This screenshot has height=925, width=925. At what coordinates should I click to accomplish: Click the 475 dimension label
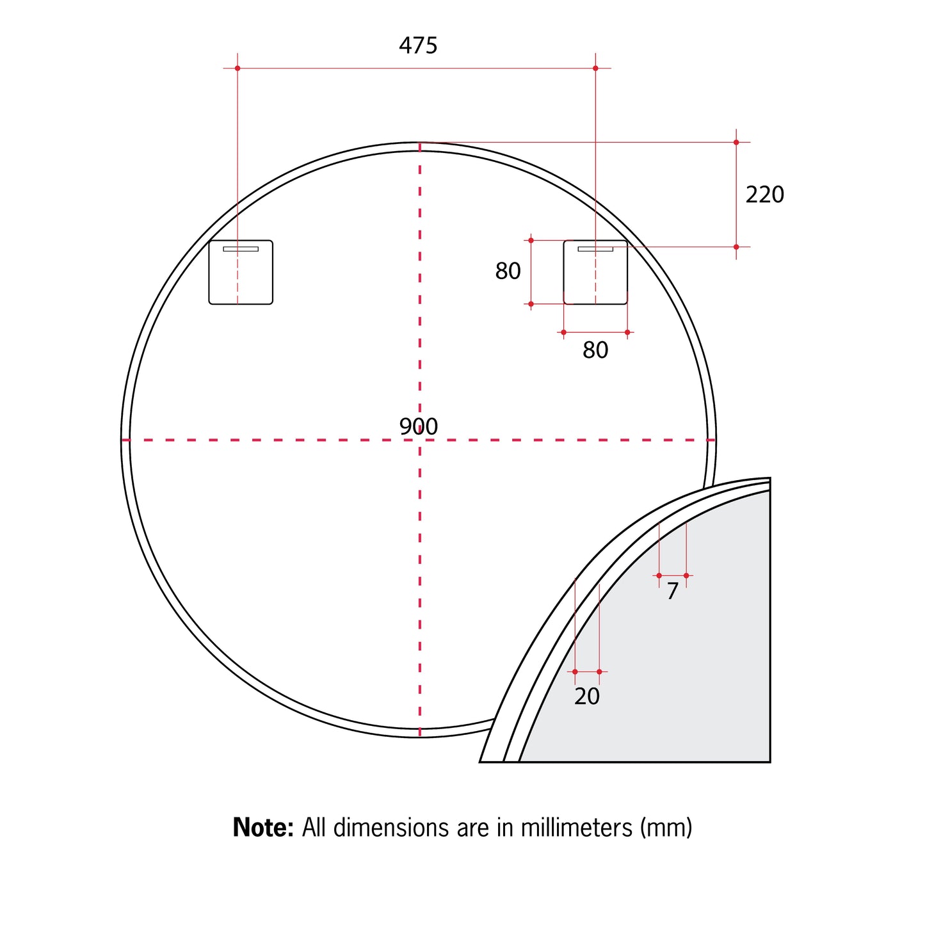pyautogui.click(x=418, y=45)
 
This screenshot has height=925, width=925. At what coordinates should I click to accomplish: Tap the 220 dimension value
pyautogui.click(x=764, y=195)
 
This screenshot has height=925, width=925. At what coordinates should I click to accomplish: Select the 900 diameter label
pyautogui.click(x=418, y=426)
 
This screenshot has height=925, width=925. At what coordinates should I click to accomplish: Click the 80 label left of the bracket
pyautogui.click(x=508, y=271)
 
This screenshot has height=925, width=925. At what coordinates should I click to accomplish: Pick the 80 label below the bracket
pyautogui.click(x=595, y=350)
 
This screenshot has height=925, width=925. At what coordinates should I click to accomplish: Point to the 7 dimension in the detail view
pyautogui.click(x=672, y=591)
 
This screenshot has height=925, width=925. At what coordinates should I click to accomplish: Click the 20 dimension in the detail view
pyautogui.click(x=586, y=696)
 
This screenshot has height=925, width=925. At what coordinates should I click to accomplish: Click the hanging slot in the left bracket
pyautogui.click(x=241, y=249)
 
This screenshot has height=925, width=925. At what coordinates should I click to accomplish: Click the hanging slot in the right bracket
pyautogui.click(x=595, y=249)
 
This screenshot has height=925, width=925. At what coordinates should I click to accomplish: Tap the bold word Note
pyautogui.click(x=263, y=828)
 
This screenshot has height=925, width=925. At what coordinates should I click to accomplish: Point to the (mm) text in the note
pyautogui.click(x=666, y=828)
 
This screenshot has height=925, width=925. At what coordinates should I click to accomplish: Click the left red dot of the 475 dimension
pyautogui.click(x=237, y=68)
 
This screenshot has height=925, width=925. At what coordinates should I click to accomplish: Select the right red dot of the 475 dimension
pyautogui.click(x=595, y=68)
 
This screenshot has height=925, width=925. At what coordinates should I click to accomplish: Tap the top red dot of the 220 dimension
pyautogui.click(x=736, y=142)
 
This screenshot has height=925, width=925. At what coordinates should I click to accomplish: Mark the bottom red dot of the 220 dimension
pyautogui.click(x=736, y=247)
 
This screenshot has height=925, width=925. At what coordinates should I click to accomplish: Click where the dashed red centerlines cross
pyautogui.click(x=420, y=440)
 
